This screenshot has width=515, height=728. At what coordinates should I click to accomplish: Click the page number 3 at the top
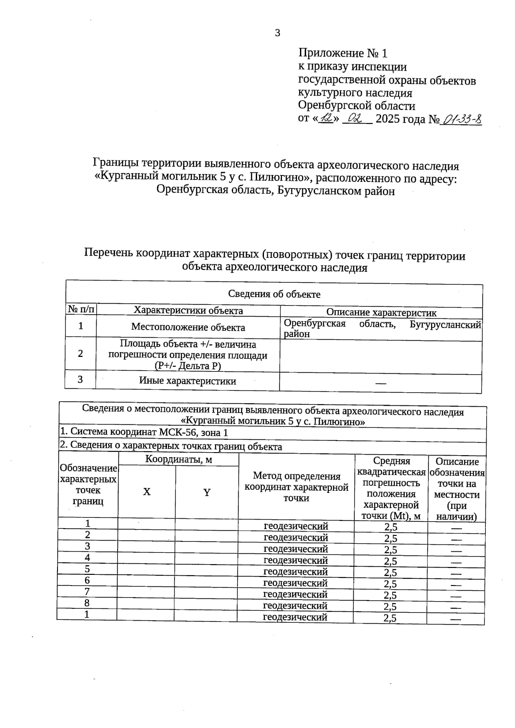click(277, 33)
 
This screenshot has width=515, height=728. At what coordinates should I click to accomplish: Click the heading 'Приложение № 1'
click(342, 53)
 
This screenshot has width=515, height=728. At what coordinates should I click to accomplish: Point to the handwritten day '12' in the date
click(327, 118)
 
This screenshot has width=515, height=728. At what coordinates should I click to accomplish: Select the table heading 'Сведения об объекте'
click(274, 294)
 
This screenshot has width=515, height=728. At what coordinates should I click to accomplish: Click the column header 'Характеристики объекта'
click(188, 311)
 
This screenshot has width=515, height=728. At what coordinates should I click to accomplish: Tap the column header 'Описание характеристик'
click(381, 313)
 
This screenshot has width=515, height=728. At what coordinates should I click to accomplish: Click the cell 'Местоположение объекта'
click(188, 327)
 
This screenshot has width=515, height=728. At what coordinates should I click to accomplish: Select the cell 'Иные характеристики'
click(188, 381)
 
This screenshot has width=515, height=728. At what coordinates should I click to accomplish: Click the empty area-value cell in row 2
click(381, 357)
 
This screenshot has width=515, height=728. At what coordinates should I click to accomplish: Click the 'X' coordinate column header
click(147, 492)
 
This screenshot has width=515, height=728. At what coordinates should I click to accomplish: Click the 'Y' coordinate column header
click(207, 492)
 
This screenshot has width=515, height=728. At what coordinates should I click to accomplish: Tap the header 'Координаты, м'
click(179, 460)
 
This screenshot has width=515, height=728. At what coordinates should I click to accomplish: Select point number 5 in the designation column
click(87, 569)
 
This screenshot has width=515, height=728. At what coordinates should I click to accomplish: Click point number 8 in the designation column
click(87, 603)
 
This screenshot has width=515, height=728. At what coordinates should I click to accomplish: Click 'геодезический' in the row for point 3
click(296, 549)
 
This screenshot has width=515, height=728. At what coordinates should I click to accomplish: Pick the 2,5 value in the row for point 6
click(391, 584)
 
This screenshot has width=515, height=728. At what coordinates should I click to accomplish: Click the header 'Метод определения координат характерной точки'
click(296, 487)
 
